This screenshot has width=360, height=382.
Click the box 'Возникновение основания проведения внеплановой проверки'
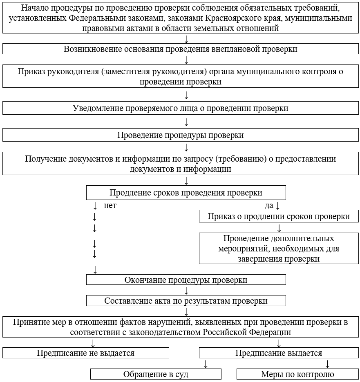[x=180, y=49]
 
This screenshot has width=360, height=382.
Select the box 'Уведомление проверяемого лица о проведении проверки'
[x=180, y=108]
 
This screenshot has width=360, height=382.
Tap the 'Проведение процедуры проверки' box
[x=180, y=135]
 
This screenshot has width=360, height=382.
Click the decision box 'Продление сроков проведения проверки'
[x=186, y=193]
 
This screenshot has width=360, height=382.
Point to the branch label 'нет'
[x=110, y=205]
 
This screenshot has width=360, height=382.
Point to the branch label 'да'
[x=269, y=205]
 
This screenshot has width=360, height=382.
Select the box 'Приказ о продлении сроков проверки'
[x=279, y=216]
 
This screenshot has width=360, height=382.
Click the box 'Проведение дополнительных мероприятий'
[x=279, y=248]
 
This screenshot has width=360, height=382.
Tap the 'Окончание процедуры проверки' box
[x=186, y=280]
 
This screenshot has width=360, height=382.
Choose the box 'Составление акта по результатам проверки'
[x=186, y=301]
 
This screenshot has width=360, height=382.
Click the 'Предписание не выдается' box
[x=85, y=353]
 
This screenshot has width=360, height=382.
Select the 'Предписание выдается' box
[x=279, y=353]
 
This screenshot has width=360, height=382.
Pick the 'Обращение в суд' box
[x=156, y=374]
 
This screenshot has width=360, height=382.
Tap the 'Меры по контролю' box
[x=297, y=374]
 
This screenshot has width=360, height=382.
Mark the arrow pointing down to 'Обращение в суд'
[x=206, y=364]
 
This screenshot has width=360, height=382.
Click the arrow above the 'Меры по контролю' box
[x=327, y=364]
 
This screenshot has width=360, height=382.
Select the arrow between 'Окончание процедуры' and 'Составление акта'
[x=186, y=291]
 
